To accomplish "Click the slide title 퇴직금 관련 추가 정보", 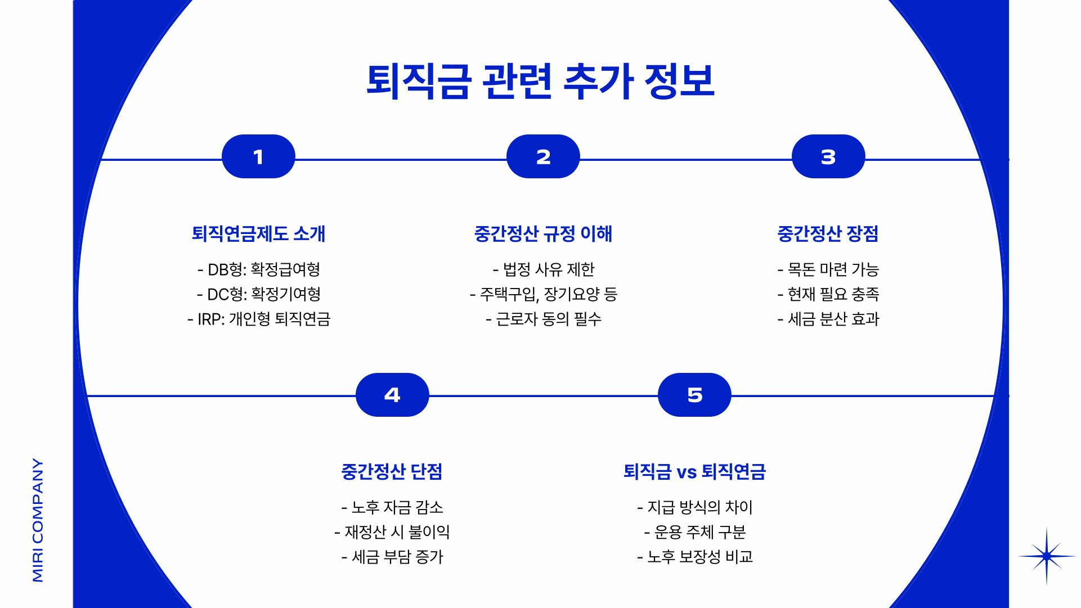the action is [540, 82].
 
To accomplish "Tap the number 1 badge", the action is [258, 157].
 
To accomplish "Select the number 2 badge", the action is [543, 157].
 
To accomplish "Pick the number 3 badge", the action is [828, 157].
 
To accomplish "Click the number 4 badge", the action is [392, 395].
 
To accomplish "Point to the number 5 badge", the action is [694, 395].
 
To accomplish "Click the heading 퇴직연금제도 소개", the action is [258, 233].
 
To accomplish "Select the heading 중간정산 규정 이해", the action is [543, 233].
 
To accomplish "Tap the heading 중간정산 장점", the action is [828, 233].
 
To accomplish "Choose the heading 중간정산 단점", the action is [392, 471].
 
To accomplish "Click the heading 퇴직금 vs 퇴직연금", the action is [694, 471].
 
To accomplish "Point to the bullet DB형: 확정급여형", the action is [259, 269].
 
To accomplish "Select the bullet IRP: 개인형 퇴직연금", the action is [259, 319].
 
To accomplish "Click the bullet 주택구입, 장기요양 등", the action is [544, 294].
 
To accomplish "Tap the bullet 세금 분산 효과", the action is [828, 319].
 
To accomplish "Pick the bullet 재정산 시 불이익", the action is [392, 532].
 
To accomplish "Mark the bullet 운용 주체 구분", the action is [695, 532].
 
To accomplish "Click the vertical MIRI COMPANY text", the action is [38, 520].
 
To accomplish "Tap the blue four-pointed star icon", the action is [1046, 556].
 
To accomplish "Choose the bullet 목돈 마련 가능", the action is [828, 269].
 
